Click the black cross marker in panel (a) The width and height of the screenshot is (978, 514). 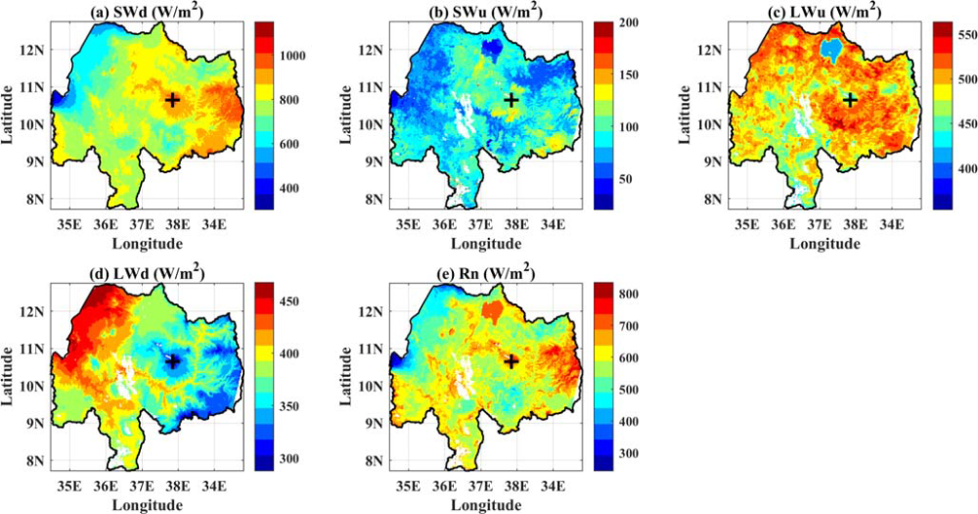[x=173, y=100]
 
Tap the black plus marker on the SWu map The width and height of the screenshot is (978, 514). [x=511, y=100]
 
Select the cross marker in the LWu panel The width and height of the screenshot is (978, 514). [x=851, y=100]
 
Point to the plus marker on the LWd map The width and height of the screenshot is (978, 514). [x=173, y=361]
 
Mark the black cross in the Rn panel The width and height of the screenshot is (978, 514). [x=511, y=361]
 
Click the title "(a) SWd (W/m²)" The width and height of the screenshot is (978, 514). [x=145, y=10]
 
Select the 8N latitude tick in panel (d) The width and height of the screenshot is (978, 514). [x=37, y=461]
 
